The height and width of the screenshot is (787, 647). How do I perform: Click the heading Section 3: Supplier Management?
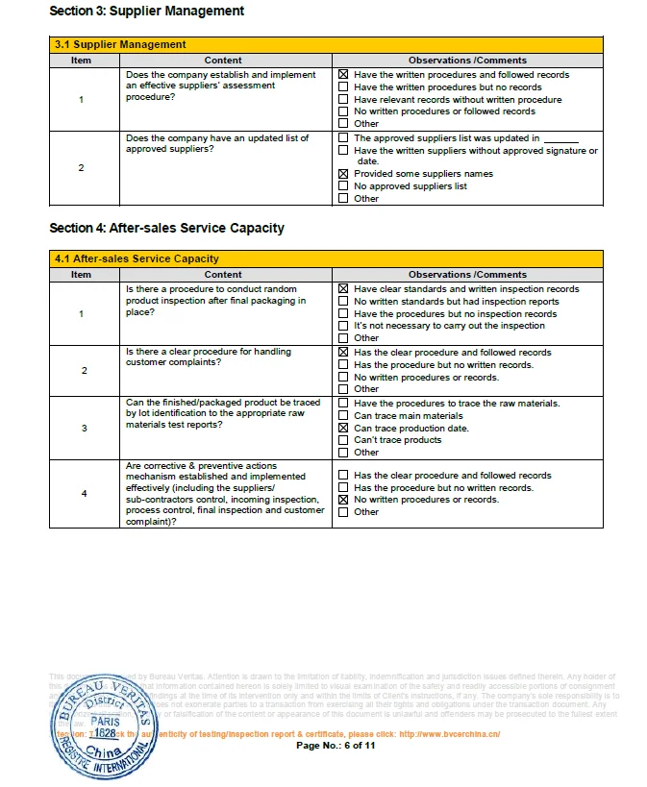[146, 12]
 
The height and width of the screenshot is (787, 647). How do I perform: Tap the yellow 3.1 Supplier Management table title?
[120, 44]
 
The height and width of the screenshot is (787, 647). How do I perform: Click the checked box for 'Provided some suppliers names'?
[343, 174]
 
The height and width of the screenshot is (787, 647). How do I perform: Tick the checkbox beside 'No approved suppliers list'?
[343, 186]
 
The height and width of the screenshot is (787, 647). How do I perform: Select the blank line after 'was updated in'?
[560, 138]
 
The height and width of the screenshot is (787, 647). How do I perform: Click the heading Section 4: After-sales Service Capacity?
[166, 228]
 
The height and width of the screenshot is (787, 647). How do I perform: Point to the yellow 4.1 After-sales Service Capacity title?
[137, 258]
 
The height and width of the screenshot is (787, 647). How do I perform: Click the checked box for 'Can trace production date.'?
[343, 428]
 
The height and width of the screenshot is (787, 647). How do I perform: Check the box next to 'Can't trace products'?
[343, 440]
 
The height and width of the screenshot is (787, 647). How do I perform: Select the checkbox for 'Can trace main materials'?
[343, 416]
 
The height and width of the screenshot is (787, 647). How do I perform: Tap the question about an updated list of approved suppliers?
[217, 143]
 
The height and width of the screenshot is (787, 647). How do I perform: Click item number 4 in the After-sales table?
[84, 494]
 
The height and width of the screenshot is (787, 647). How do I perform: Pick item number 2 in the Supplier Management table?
[81, 168]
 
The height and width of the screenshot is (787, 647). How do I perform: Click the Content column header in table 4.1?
[223, 275]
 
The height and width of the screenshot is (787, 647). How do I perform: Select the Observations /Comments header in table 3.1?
[467, 61]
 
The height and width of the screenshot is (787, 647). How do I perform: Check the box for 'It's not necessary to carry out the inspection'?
[343, 326]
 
